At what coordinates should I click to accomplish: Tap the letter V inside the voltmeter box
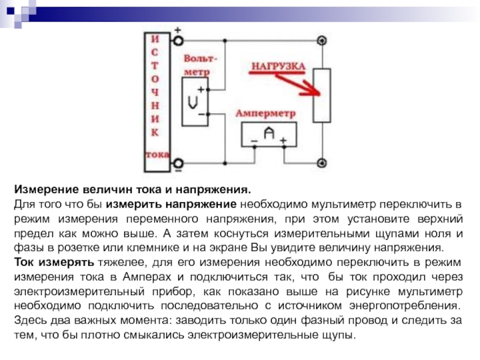(x=193, y=102)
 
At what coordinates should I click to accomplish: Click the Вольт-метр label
(x=200, y=65)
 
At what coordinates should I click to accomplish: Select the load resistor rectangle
(x=322, y=96)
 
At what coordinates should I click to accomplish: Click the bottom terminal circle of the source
(x=178, y=162)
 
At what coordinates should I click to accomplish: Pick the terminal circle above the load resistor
(x=322, y=41)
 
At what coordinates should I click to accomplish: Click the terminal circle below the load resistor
(x=322, y=162)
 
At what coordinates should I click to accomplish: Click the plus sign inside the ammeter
(x=283, y=141)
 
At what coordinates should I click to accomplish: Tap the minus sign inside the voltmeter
(x=201, y=113)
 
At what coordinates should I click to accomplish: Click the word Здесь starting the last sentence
(x=31, y=320)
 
